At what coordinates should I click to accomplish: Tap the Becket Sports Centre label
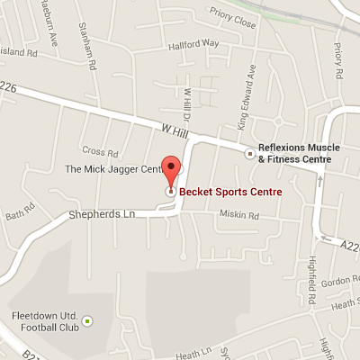(x=229, y=192)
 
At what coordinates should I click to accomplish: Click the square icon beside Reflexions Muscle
(x=250, y=153)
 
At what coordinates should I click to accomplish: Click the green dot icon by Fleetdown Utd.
(x=87, y=319)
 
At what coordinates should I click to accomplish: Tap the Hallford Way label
(x=199, y=42)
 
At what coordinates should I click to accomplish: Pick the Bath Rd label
(x=18, y=215)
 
